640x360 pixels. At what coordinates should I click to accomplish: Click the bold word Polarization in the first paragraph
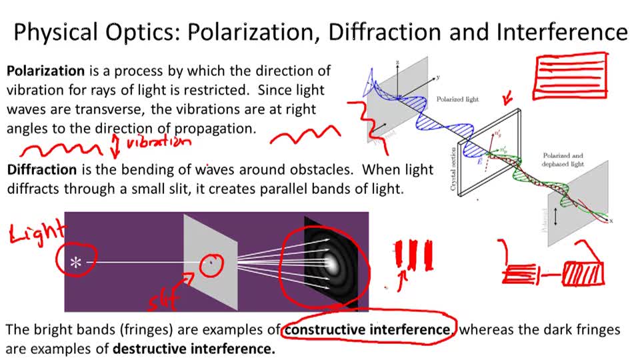(x=45, y=71)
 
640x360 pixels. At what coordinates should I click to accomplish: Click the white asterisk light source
(x=77, y=263)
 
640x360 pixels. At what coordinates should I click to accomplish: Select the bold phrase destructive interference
(x=193, y=348)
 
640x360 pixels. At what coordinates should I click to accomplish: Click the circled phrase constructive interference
(x=368, y=329)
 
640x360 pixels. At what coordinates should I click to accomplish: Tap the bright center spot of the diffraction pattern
(x=331, y=262)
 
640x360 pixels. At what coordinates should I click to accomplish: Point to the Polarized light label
(x=458, y=99)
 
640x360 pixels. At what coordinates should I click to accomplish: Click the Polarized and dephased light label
(x=564, y=159)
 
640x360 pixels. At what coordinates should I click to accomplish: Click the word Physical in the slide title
(x=56, y=32)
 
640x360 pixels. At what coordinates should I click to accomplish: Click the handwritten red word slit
(x=165, y=301)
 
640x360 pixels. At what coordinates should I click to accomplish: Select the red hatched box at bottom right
(x=583, y=274)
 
